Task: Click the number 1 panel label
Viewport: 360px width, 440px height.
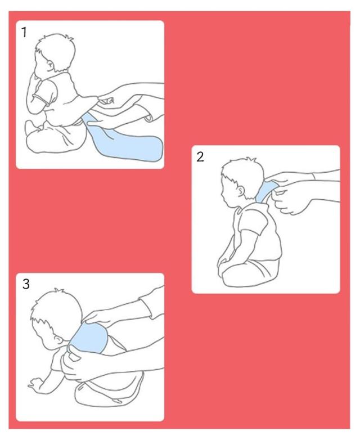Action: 24,32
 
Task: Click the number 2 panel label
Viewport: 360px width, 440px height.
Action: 200,157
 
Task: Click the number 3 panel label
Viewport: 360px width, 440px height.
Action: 26,284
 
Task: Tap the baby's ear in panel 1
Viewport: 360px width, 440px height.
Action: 51,66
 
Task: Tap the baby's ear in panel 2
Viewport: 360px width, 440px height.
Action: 241,192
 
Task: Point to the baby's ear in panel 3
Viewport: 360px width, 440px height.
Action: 59,340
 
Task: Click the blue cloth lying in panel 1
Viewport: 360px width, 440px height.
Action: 123,140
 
